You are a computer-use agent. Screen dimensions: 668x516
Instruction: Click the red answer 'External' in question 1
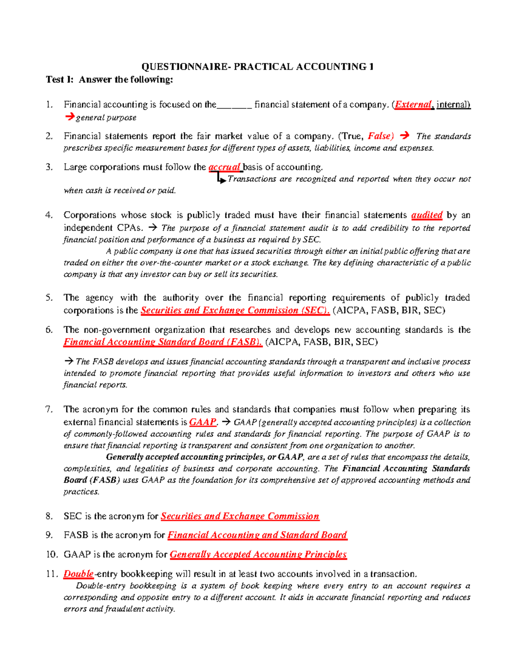click(414, 105)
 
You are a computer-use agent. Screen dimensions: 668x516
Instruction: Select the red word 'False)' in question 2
click(381, 136)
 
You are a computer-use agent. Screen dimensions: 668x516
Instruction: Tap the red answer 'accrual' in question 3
click(224, 167)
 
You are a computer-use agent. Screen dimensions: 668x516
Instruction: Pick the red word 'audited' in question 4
click(427, 215)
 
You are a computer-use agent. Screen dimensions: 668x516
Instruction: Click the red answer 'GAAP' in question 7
click(203, 422)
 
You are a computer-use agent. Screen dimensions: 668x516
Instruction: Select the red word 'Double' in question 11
click(78, 574)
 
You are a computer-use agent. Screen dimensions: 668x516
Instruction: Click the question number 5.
click(49, 298)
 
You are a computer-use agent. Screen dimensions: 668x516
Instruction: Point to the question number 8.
click(49, 516)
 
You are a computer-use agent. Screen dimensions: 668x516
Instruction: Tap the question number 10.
click(51, 554)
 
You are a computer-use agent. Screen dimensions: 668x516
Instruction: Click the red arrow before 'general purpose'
click(69, 117)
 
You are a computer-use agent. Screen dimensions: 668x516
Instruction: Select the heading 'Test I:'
click(60, 80)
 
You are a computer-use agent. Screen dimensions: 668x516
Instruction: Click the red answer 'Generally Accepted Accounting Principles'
click(258, 554)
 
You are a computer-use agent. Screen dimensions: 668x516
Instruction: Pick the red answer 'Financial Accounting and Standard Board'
click(257, 535)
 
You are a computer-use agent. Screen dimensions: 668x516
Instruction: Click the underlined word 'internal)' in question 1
click(453, 105)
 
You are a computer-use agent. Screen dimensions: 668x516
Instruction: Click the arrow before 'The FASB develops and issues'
click(69, 362)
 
